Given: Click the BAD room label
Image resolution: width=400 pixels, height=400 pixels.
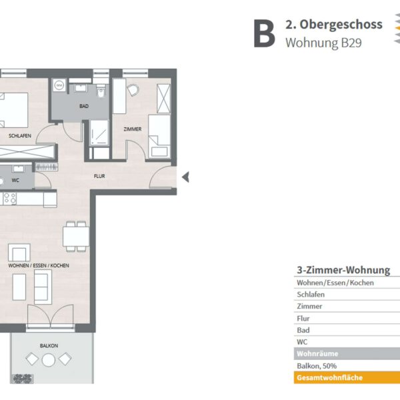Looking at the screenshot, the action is point(84,106).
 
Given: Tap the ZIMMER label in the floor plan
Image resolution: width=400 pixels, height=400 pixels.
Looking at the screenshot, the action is point(133,129).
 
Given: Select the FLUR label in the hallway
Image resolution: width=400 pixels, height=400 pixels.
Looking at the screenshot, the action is point(99,176).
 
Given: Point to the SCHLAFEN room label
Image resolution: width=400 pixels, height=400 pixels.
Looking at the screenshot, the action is point(20,136).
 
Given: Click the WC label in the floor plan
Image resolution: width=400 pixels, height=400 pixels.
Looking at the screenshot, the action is point(15,181).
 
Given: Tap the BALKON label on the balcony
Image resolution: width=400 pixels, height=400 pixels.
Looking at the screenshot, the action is point(49,345).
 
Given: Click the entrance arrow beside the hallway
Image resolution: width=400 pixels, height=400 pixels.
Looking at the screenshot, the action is point(186,177).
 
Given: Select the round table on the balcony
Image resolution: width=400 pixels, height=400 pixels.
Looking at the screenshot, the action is point(49,360).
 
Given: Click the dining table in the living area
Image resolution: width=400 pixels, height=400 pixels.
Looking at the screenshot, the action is point(76,237).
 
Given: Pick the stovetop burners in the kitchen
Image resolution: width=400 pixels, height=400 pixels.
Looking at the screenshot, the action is point(10,199).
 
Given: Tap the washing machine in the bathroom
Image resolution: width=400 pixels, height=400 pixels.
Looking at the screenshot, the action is point(59,85).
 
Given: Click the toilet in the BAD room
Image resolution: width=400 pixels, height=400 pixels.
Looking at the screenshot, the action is point(101,92).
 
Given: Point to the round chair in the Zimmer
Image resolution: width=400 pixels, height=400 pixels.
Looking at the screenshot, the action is point(133,90).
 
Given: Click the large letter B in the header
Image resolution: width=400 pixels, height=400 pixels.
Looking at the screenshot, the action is point(264,33).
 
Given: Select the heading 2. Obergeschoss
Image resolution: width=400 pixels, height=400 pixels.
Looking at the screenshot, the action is point(334,25).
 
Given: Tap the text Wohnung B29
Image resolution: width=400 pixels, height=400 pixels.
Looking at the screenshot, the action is point(323,43).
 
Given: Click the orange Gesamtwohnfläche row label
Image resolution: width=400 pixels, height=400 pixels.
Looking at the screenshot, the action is point(329,377).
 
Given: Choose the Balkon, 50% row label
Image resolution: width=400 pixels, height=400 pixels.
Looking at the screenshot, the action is point(317,366).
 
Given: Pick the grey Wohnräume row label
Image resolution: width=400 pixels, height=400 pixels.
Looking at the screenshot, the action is point(317,354).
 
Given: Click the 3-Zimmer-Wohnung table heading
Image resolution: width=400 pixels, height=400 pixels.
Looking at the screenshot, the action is point(343,270).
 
